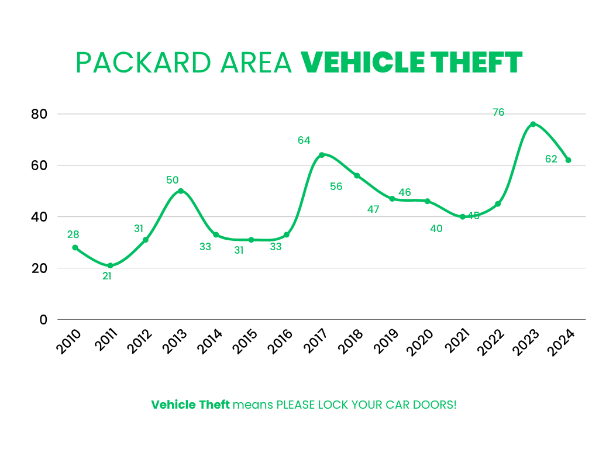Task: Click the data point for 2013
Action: click(x=181, y=191)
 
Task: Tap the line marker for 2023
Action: click(x=533, y=124)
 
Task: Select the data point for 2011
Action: click(x=110, y=265)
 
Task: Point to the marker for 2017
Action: click(x=321, y=155)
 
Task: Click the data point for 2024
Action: click(x=568, y=160)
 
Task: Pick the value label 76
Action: click(x=498, y=113)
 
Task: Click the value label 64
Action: click(x=304, y=140)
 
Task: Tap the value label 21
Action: click(x=107, y=276)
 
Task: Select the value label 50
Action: click(x=172, y=180)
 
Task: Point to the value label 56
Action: click(x=336, y=186)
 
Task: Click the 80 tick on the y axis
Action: click(x=39, y=114)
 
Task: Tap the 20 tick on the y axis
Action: click(x=39, y=268)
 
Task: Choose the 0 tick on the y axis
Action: click(x=43, y=320)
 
